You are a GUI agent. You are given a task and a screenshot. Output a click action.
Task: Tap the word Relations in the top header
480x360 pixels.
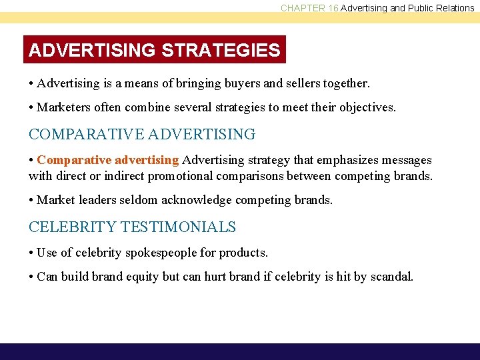[453, 8]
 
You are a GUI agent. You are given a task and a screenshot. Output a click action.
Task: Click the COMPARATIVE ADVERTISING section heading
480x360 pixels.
[142, 134]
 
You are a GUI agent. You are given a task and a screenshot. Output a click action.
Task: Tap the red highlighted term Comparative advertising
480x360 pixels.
[108, 160]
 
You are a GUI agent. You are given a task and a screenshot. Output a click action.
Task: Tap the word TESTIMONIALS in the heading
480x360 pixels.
[178, 227]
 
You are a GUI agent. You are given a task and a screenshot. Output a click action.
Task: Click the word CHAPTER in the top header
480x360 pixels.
[303, 8]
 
